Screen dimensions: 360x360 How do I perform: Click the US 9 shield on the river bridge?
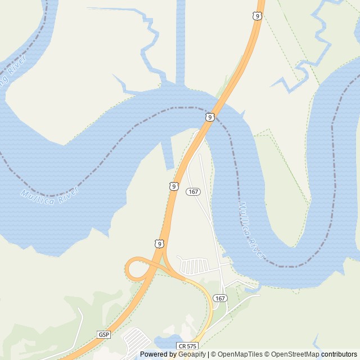tap(209, 117)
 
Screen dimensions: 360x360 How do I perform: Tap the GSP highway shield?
tap(103, 334)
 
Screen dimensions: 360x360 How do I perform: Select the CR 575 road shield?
tap(187, 346)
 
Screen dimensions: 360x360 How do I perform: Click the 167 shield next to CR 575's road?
tap(220, 298)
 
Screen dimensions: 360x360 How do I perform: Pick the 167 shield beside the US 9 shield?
tap(193, 192)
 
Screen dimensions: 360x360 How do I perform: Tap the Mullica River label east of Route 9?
tap(252, 229)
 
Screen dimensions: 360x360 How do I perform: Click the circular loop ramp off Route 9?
tap(137, 269)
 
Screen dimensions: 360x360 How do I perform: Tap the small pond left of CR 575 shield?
tap(163, 341)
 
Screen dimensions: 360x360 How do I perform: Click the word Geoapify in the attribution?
tap(192, 354)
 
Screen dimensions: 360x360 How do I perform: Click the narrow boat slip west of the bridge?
tap(167, 154)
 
